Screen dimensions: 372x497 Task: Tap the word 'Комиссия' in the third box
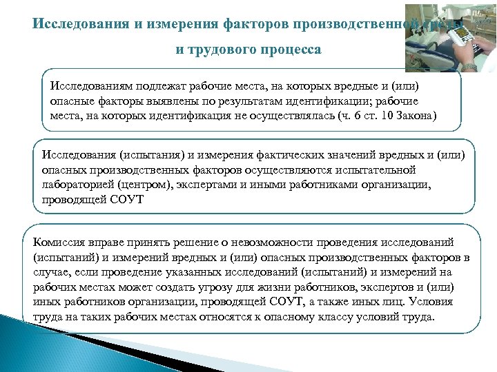(x=60, y=244)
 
